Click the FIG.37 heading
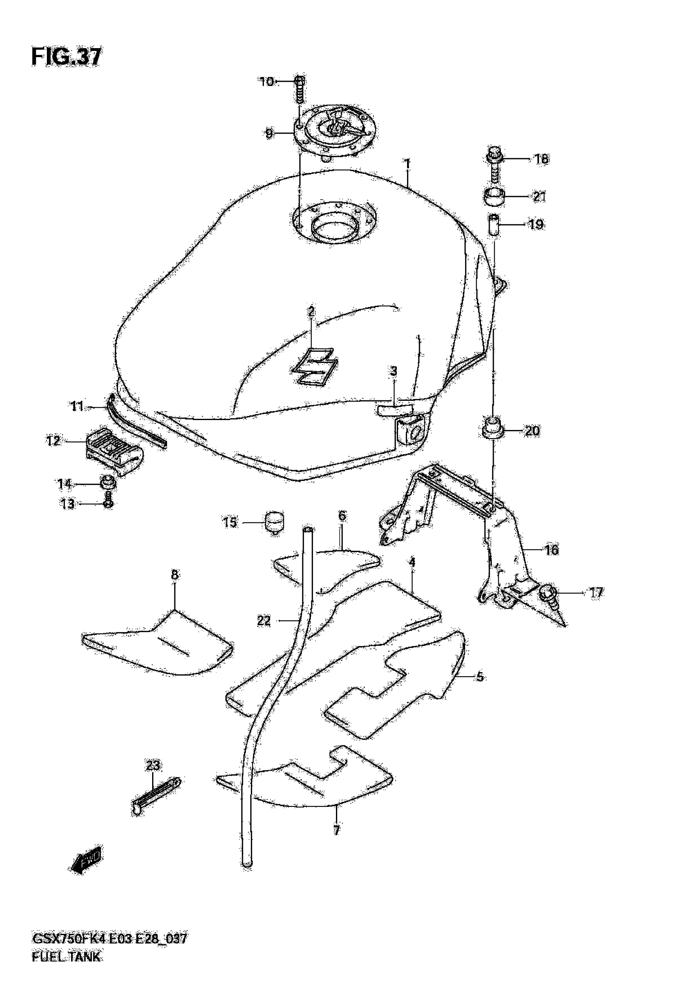(67, 57)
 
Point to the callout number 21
(539, 197)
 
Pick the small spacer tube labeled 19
(494, 224)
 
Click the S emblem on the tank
(314, 365)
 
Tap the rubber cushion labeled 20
(492, 429)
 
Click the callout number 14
(65, 484)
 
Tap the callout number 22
(264, 621)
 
